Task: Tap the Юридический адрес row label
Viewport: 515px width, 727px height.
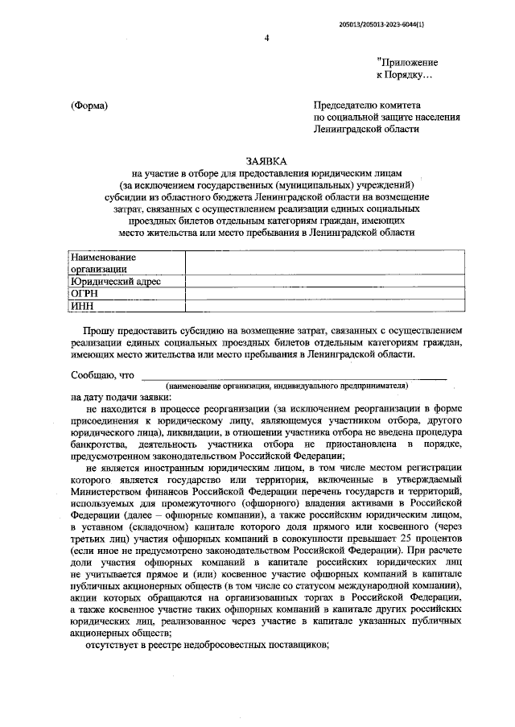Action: pyautogui.click(x=116, y=281)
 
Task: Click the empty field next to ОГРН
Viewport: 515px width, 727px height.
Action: pyautogui.click(x=324, y=293)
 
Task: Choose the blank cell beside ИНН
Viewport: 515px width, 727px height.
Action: pyautogui.click(x=324, y=305)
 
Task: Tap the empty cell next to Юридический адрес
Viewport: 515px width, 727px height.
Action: pyautogui.click(x=324, y=281)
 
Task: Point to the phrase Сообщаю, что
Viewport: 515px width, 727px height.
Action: pyautogui.click(x=102, y=374)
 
